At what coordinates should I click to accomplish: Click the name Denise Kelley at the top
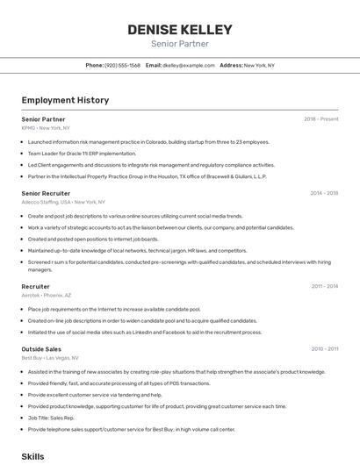(x=180, y=29)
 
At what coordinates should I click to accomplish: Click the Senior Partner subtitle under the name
(x=180, y=43)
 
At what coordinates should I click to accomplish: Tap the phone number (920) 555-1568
(x=122, y=65)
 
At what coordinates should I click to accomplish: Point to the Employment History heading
(x=65, y=100)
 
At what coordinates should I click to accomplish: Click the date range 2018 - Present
(x=321, y=118)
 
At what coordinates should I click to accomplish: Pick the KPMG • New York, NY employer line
(x=46, y=127)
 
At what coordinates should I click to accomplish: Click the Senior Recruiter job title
(x=46, y=193)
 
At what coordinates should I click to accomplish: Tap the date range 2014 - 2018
(x=324, y=193)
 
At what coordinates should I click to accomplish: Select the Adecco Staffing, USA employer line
(x=63, y=202)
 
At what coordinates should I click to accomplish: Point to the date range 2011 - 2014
(x=324, y=286)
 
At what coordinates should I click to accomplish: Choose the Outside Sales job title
(x=41, y=348)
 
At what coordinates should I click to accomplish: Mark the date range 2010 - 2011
(x=324, y=348)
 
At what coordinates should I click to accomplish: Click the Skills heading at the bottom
(x=32, y=456)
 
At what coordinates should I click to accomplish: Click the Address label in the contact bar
(x=231, y=65)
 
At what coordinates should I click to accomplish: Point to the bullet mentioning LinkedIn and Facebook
(x=145, y=332)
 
